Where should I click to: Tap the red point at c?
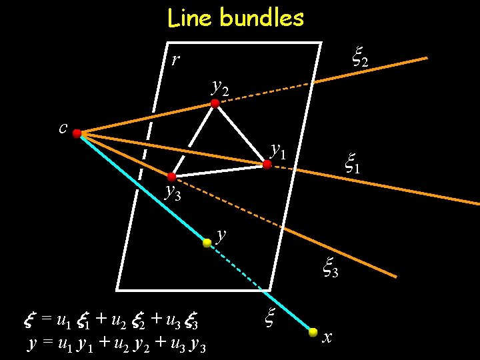77,134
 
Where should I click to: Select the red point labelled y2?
215,103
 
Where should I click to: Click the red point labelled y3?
171,177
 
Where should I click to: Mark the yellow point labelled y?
207,243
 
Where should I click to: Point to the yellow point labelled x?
313,331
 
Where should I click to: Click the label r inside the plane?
175,61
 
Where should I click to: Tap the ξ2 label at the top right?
359,59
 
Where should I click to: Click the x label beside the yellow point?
327,337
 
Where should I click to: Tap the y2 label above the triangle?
219,86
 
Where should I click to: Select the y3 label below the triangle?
173,193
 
